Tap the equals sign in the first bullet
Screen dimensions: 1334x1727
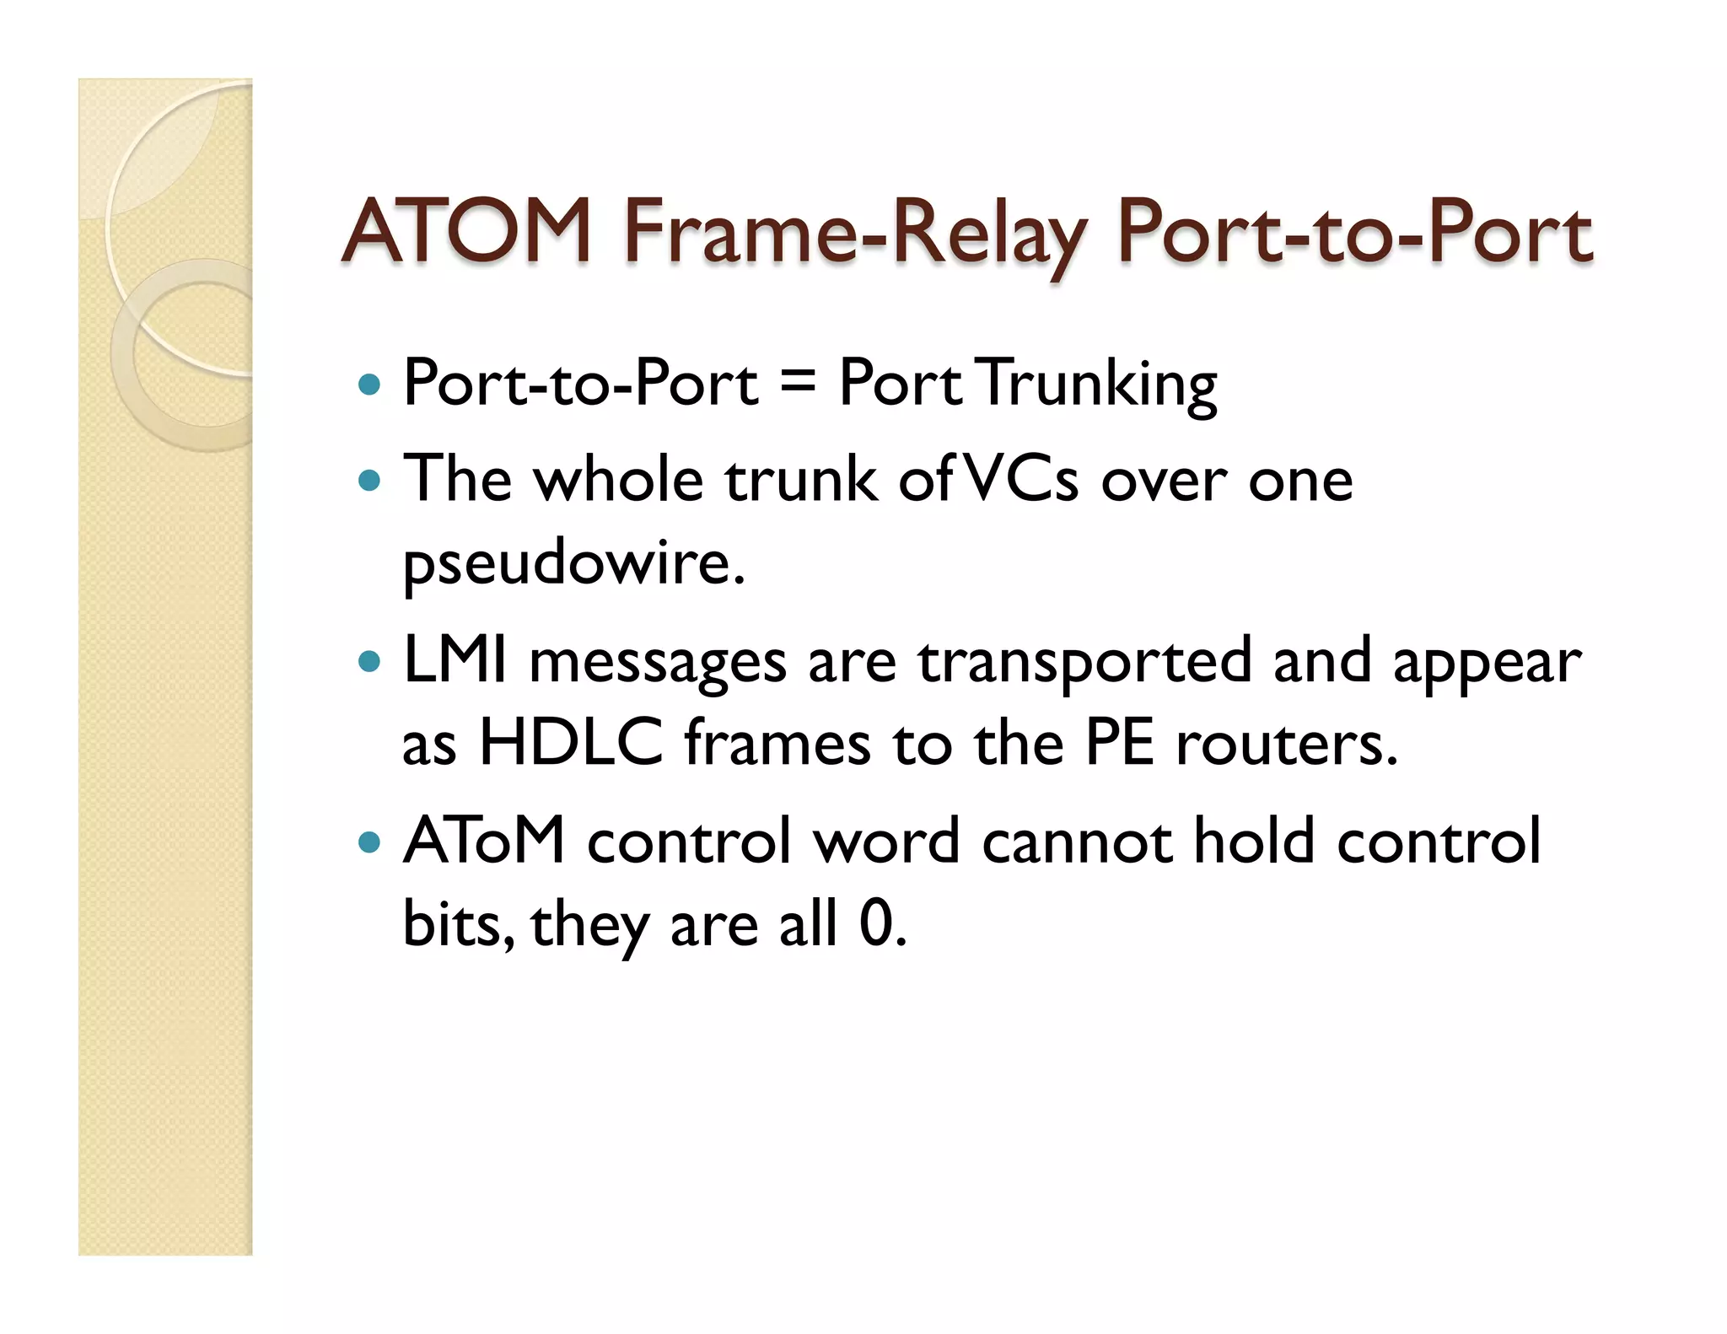point(797,384)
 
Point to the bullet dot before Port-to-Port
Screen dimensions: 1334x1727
point(369,386)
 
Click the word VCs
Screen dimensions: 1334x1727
point(1020,479)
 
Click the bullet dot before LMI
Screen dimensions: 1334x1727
point(369,660)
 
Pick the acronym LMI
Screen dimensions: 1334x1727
point(455,660)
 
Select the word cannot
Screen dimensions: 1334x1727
point(1076,841)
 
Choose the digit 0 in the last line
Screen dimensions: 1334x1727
point(876,923)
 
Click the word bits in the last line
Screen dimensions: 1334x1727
point(455,923)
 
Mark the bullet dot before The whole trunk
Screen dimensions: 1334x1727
point(369,481)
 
